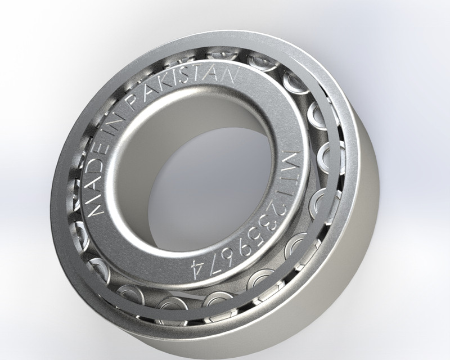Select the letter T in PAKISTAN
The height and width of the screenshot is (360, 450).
(202, 74)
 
